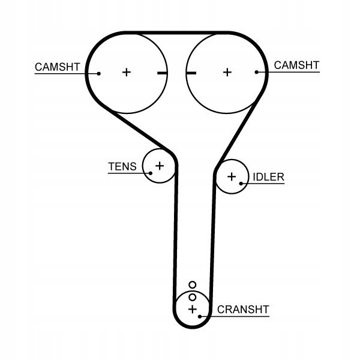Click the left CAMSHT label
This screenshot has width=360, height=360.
tap(57, 67)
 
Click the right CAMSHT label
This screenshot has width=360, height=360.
tap(296, 65)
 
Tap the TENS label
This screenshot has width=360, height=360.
tap(122, 166)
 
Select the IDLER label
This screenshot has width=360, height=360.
tap(268, 177)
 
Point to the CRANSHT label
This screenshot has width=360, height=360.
tap(243, 310)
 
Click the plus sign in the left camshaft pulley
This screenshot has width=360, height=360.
tap(126, 72)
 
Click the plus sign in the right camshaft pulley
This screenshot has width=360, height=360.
tap(227, 72)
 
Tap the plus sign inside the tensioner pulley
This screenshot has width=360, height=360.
tap(160, 165)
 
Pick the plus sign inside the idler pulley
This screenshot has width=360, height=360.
tap(232, 176)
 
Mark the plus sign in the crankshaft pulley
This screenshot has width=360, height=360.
tap(192, 310)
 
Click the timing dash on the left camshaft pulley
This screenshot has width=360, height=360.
tap(161, 73)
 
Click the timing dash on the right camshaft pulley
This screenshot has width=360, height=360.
tap(191, 73)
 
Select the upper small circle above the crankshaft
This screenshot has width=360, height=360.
tap(192, 285)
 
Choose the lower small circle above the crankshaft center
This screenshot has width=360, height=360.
tap(192, 296)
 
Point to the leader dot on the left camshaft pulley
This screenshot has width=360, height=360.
tap(99, 73)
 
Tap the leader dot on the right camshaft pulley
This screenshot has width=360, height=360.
tap(256, 72)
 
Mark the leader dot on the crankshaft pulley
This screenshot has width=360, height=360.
tap(200, 315)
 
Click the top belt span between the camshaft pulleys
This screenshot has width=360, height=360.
tap(176, 31)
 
